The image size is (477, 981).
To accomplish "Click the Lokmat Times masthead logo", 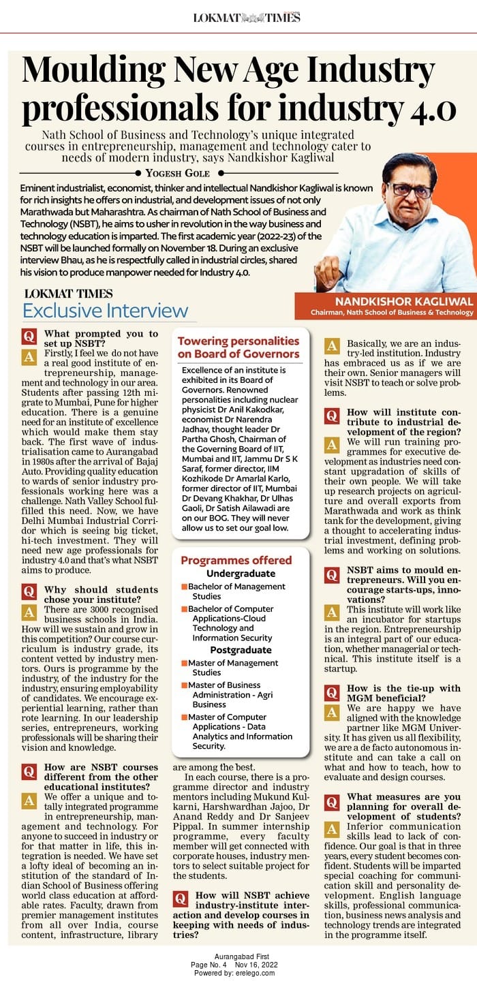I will (247, 17).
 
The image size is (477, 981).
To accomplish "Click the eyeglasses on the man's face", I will (407, 190).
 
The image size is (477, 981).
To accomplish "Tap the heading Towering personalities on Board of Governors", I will (238, 347).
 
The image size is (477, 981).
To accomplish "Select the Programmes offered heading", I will (236, 560).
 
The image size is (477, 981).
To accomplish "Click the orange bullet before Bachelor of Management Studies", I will (184, 587).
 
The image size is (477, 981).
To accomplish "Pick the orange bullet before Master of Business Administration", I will (184, 685).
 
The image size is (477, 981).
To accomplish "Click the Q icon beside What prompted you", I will (29, 336).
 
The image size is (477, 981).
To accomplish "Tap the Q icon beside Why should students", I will (29, 591).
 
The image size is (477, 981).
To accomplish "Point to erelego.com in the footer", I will (258, 974).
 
